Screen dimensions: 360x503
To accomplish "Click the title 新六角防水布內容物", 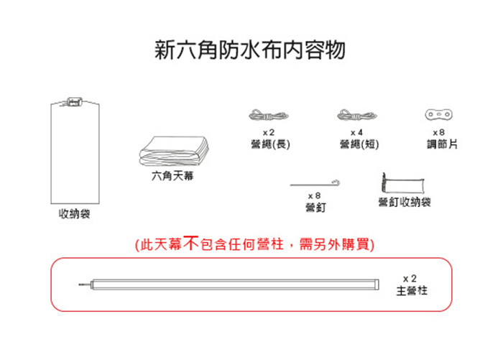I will pyautogui.click(x=251, y=51).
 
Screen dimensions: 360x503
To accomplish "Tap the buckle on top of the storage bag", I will pyautogui.click(x=73, y=101).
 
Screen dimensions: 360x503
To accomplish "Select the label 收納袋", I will pyautogui.click(x=74, y=214).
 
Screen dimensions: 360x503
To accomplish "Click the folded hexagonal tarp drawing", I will pyautogui.click(x=173, y=151).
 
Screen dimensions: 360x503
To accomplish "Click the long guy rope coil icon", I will pyautogui.click(x=269, y=116).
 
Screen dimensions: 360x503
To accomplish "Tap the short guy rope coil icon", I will pyautogui.click(x=356, y=116).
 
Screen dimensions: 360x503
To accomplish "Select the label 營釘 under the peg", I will pyautogui.click(x=313, y=207).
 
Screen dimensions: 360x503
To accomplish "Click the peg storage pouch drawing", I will pyautogui.click(x=404, y=181).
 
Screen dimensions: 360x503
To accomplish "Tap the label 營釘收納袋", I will pyautogui.click(x=405, y=202).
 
